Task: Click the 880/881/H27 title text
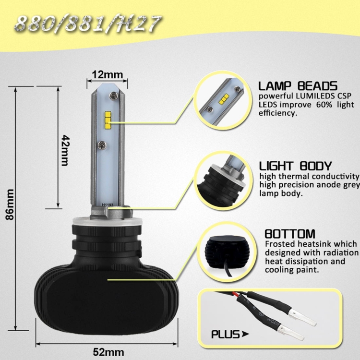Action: click(x=88, y=24)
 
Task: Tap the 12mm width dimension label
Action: click(x=108, y=74)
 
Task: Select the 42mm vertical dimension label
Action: click(x=65, y=150)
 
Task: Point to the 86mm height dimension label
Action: click(x=10, y=204)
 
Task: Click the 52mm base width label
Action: click(x=108, y=352)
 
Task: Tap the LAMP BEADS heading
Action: click(x=298, y=86)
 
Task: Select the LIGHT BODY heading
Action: click(x=296, y=166)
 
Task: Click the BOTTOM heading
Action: click(x=290, y=234)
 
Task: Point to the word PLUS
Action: click(x=225, y=334)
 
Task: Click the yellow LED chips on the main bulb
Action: click(x=108, y=120)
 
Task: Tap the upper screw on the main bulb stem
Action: click(x=113, y=96)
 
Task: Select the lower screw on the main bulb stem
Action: click(x=101, y=144)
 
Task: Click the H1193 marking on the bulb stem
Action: click(x=108, y=204)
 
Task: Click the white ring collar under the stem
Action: click(x=107, y=221)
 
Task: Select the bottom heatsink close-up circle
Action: click(x=226, y=252)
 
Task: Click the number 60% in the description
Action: click(x=324, y=105)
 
